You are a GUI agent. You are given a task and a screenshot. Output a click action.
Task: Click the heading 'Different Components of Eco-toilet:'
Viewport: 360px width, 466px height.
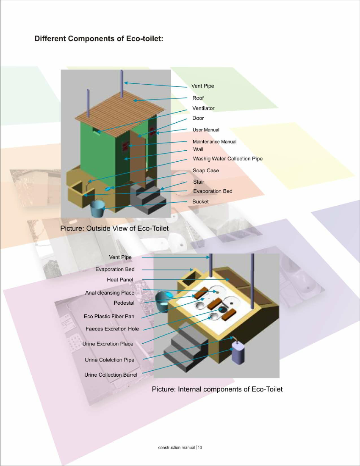click(x=99, y=39)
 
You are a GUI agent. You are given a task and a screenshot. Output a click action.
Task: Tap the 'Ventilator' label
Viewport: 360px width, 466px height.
click(x=203, y=108)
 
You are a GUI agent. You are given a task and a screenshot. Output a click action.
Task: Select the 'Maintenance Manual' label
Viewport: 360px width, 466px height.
click(x=214, y=142)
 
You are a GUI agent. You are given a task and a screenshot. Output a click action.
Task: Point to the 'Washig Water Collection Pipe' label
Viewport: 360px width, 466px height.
click(x=228, y=159)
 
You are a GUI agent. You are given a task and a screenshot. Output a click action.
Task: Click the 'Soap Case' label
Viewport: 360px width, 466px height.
click(x=206, y=171)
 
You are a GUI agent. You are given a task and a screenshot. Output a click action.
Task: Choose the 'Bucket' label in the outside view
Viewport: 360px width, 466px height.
click(x=200, y=201)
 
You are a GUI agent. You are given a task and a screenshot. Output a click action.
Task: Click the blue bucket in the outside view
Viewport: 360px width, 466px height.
click(x=97, y=209)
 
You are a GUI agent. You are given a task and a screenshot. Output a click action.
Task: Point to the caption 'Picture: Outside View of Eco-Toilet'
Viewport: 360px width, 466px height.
click(x=114, y=228)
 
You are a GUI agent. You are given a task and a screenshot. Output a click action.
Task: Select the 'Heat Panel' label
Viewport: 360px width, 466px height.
click(x=120, y=280)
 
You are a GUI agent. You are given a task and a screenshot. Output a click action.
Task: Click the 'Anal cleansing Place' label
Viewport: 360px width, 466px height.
click(x=110, y=293)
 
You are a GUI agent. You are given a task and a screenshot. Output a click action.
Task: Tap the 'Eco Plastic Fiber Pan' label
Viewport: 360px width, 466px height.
click(x=109, y=317)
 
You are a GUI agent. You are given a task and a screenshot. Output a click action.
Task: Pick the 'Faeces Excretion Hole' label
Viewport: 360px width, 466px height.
click(x=112, y=329)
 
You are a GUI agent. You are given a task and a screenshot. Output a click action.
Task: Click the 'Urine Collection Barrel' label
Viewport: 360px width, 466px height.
click(x=111, y=375)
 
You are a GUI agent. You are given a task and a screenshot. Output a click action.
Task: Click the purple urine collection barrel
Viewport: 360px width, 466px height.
click(x=238, y=353)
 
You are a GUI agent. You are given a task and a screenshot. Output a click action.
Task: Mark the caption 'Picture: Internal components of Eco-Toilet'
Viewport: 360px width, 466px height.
click(x=217, y=389)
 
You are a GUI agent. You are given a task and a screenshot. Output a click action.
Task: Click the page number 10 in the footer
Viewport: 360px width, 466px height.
click(x=200, y=447)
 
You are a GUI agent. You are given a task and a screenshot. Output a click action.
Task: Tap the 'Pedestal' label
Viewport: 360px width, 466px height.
click(x=124, y=303)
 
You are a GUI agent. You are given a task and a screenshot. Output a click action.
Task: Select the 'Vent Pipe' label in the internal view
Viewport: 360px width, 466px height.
click(x=120, y=257)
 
